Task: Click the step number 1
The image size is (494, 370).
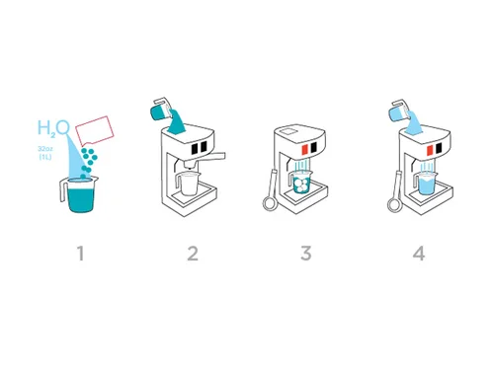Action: [80, 254]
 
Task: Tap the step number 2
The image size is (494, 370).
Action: [193, 254]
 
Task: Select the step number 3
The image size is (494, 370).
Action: [306, 254]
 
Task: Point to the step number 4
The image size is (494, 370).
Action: [419, 254]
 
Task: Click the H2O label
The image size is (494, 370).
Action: [53, 128]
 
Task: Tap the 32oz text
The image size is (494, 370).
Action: [45, 149]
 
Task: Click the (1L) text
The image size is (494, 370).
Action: [45, 157]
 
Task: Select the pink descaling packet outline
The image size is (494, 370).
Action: [95, 131]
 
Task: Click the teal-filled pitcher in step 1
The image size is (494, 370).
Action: [79, 194]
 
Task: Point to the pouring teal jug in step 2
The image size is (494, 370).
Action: [160, 109]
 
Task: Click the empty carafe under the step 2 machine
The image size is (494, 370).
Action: [188, 184]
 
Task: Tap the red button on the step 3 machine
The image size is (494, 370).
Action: [305, 149]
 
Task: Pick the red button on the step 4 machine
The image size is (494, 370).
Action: [430, 150]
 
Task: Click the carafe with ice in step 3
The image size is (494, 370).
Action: [301, 185]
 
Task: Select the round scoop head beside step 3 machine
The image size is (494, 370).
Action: [270, 203]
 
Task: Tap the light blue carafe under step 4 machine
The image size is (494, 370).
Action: [426, 185]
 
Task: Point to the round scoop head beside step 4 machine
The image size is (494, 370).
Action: [394, 205]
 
